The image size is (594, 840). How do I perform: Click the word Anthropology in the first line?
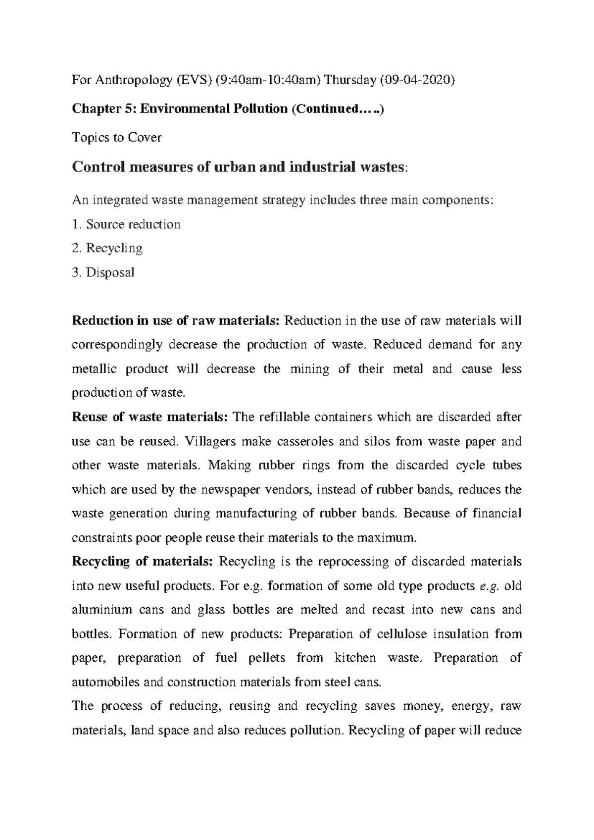[128, 81]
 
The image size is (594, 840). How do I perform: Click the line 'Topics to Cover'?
[117, 137]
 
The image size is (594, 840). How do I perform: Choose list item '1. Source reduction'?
[126, 224]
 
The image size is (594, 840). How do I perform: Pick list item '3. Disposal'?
[103, 272]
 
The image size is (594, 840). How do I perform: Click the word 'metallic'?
[91, 369]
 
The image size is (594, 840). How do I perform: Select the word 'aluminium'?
[102, 610]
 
